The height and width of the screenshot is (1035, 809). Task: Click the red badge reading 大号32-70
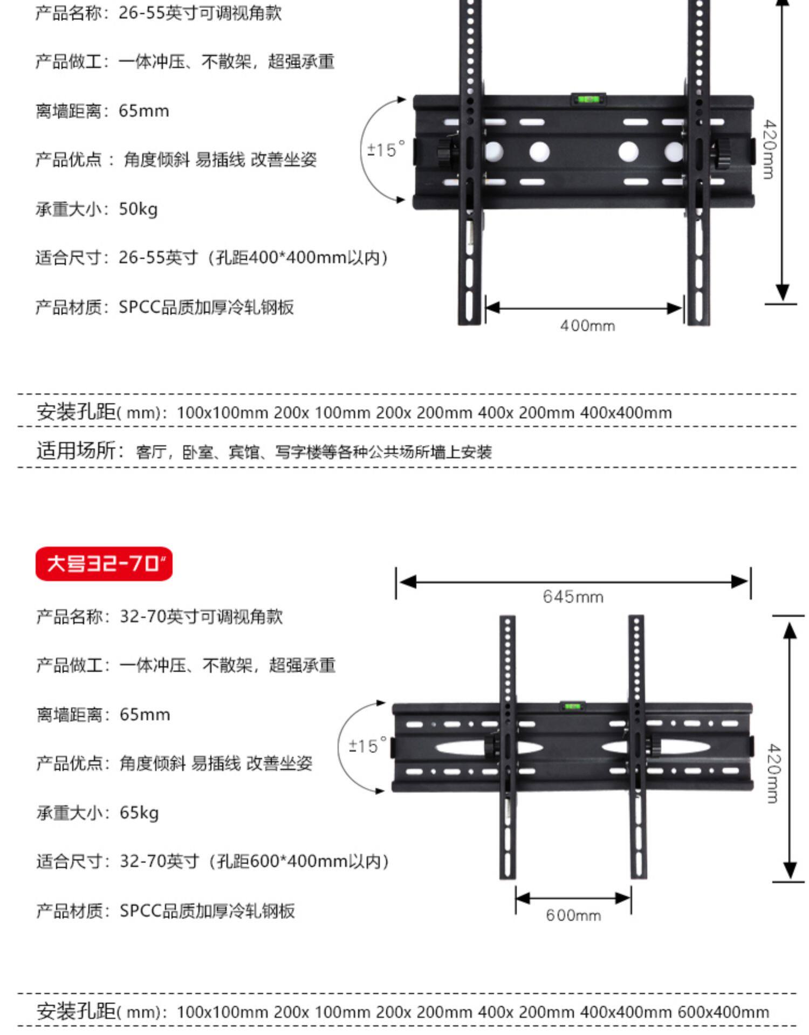click(104, 563)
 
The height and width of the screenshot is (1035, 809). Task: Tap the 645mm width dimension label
click(573, 597)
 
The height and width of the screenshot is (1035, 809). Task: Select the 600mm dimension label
click(573, 915)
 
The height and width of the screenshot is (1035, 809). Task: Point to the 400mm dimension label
click(587, 326)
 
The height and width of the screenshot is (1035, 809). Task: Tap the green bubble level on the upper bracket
click(588, 99)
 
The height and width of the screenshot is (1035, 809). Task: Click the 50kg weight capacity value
click(138, 209)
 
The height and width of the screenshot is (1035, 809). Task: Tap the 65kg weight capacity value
click(139, 812)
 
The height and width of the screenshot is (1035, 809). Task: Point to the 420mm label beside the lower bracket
click(773, 773)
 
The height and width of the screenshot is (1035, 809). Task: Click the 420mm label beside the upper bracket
click(770, 149)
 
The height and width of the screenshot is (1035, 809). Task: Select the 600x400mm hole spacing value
click(723, 1012)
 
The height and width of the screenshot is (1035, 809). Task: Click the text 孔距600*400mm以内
click(302, 861)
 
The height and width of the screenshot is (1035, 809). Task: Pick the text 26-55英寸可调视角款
click(200, 13)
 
